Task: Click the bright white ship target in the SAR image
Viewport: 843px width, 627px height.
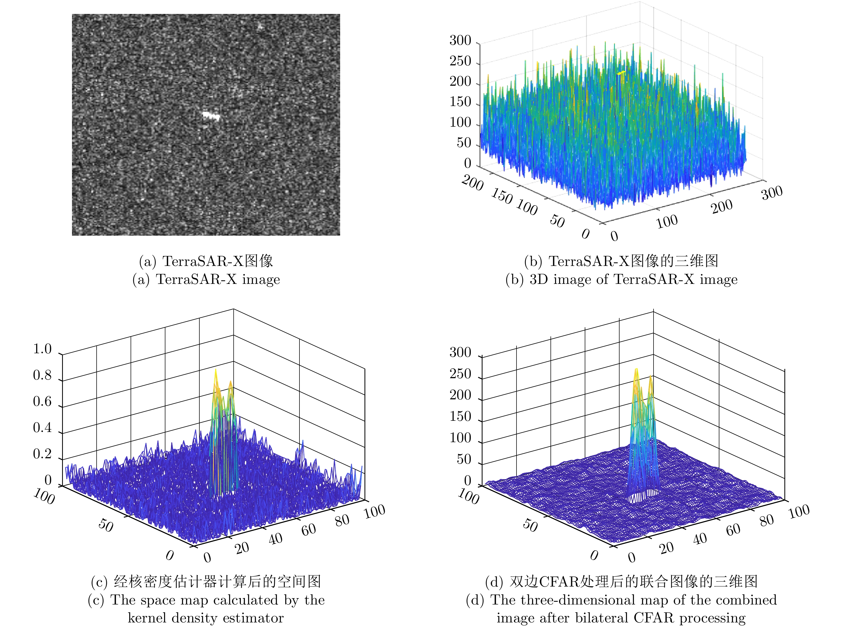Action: point(211,115)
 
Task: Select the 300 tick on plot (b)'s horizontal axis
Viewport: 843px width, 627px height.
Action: point(772,193)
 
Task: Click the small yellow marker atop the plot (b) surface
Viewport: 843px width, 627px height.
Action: point(621,73)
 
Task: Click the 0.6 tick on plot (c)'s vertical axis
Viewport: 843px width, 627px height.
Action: point(42,401)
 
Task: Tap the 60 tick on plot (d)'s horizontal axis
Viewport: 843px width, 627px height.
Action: point(733,530)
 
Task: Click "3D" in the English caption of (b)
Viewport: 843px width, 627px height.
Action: point(538,279)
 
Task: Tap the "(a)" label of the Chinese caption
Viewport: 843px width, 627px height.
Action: point(147,261)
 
